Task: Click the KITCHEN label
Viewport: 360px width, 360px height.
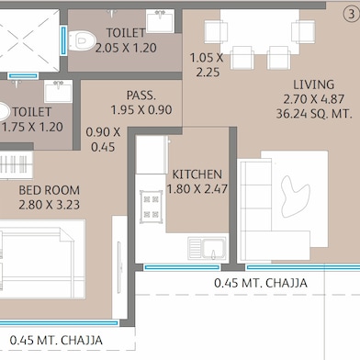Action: point(197,174)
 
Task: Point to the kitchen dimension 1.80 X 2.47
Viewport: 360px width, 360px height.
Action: point(197,190)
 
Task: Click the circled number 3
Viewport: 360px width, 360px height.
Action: point(350,12)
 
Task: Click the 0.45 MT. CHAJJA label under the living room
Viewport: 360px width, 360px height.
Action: point(260,282)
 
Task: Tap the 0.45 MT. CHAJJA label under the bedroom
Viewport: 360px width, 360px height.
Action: point(56,340)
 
